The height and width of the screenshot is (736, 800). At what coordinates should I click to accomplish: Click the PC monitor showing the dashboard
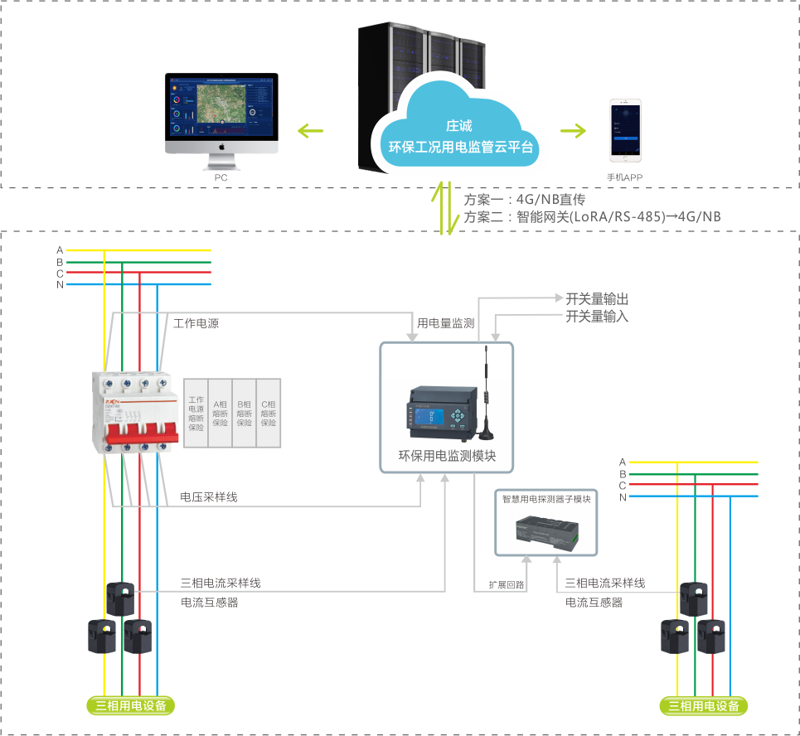pos(221,109)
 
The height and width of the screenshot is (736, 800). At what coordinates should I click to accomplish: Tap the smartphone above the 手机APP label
pos(627,133)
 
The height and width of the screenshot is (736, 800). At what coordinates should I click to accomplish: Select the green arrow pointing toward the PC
pos(310,130)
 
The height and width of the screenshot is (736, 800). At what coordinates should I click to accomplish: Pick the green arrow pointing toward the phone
pos(572,130)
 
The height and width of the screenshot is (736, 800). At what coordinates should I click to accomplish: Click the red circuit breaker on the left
pos(134,412)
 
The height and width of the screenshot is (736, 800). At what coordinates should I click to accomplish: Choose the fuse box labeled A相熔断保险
pos(221,413)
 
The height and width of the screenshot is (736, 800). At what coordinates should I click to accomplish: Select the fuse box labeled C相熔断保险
pos(269,413)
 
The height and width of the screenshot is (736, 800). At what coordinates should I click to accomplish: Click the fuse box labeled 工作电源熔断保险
pos(196,413)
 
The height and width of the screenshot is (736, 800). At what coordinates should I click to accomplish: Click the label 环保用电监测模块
pos(446,456)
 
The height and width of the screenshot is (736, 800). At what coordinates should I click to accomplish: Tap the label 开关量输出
pos(597,299)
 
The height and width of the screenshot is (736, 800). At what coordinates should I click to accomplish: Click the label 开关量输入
pos(597,316)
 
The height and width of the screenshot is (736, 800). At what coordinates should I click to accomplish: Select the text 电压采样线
pos(209,497)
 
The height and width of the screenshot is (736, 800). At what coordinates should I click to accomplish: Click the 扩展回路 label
pos(506,584)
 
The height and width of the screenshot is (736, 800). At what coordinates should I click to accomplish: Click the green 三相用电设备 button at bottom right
pos(704,706)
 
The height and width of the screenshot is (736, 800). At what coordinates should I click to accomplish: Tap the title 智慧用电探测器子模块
pos(546,499)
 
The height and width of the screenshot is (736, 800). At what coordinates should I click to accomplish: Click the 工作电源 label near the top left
pos(196,323)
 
